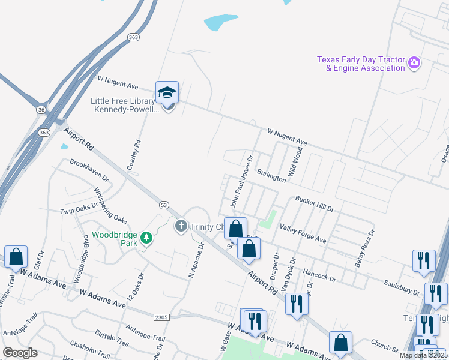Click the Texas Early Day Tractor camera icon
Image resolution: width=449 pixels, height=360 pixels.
point(414,63)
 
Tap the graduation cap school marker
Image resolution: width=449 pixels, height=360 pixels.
point(167,92)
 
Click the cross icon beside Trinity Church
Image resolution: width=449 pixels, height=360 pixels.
point(180,227)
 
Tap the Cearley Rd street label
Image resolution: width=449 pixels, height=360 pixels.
point(137,154)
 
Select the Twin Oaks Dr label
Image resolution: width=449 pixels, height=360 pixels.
point(79,211)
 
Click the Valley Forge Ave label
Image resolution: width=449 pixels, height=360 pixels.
point(303,233)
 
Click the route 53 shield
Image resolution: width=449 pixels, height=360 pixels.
point(164,205)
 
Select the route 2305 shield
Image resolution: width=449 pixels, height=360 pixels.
point(161,317)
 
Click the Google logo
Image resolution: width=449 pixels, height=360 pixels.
point(20,353)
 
